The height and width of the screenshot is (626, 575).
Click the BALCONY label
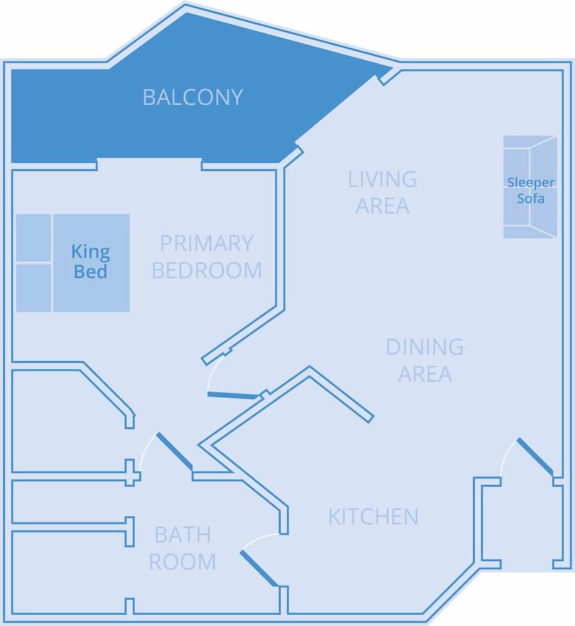192,98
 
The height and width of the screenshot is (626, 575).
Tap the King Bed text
91,262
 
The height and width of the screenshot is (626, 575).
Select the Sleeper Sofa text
531,190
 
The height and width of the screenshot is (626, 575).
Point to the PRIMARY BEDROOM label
206,257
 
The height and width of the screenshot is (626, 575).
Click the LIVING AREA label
382,192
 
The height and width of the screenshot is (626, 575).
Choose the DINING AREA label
425,360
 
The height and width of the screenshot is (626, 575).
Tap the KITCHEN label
373,516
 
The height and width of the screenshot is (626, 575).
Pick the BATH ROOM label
182,548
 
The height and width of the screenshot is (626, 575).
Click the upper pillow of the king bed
33,238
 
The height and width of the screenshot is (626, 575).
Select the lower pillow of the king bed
33,287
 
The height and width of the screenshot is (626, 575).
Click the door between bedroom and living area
232,395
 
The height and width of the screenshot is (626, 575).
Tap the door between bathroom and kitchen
258,568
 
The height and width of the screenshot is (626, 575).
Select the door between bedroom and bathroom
173,451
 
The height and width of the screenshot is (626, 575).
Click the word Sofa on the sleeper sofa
531,198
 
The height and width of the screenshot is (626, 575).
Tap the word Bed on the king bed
91,272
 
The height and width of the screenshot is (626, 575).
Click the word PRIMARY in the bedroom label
206,243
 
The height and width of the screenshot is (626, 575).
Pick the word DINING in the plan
425,346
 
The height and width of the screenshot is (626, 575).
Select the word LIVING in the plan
382,179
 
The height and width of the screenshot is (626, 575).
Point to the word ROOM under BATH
182,562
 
